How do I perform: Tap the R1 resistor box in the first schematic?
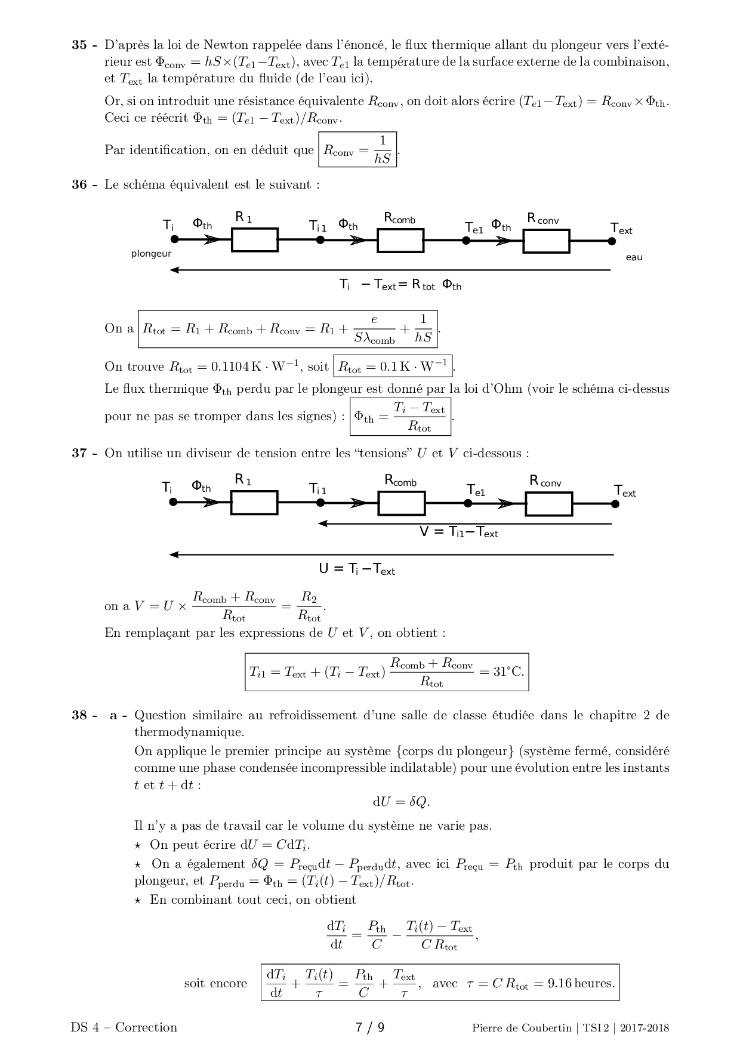(255, 240)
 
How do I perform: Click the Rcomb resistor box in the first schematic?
(400, 240)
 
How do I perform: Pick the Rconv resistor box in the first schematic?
(546, 241)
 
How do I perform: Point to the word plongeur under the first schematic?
(152, 254)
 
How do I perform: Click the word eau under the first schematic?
(634, 257)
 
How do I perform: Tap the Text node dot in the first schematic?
(612, 241)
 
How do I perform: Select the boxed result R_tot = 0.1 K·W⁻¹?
(393, 367)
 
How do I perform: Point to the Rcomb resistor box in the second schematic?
(402, 503)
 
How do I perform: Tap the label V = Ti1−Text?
(458, 532)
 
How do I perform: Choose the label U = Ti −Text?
(357, 569)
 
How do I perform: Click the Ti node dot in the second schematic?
(174, 503)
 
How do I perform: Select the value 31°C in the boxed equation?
(508, 672)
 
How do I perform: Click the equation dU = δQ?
(401, 802)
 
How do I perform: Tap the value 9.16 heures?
(581, 983)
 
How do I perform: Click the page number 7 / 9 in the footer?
(370, 1027)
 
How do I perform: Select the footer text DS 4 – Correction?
(124, 1027)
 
